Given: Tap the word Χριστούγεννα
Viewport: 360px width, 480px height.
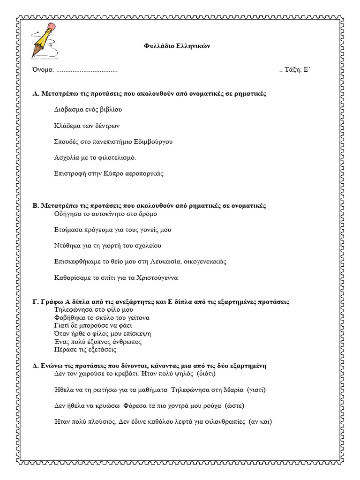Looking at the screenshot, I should click(x=156, y=277).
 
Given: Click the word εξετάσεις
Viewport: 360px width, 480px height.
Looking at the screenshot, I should click(x=101, y=350).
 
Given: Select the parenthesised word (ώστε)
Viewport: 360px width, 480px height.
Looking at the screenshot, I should click(x=234, y=405).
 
